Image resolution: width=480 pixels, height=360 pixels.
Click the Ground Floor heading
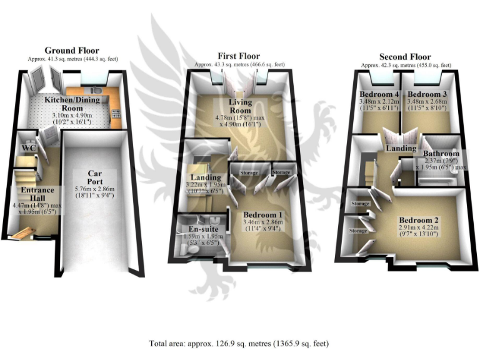(x=72, y=51)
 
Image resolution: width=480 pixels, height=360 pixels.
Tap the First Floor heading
(x=239, y=56)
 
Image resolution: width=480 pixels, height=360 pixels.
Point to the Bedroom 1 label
(x=263, y=214)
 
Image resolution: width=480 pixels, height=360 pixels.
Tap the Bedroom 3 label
(x=426, y=94)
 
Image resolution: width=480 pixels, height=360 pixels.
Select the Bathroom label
(x=441, y=154)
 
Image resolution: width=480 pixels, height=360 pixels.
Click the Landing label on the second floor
(x=401, y=148)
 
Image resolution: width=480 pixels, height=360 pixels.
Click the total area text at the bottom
(x=238, y=343)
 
